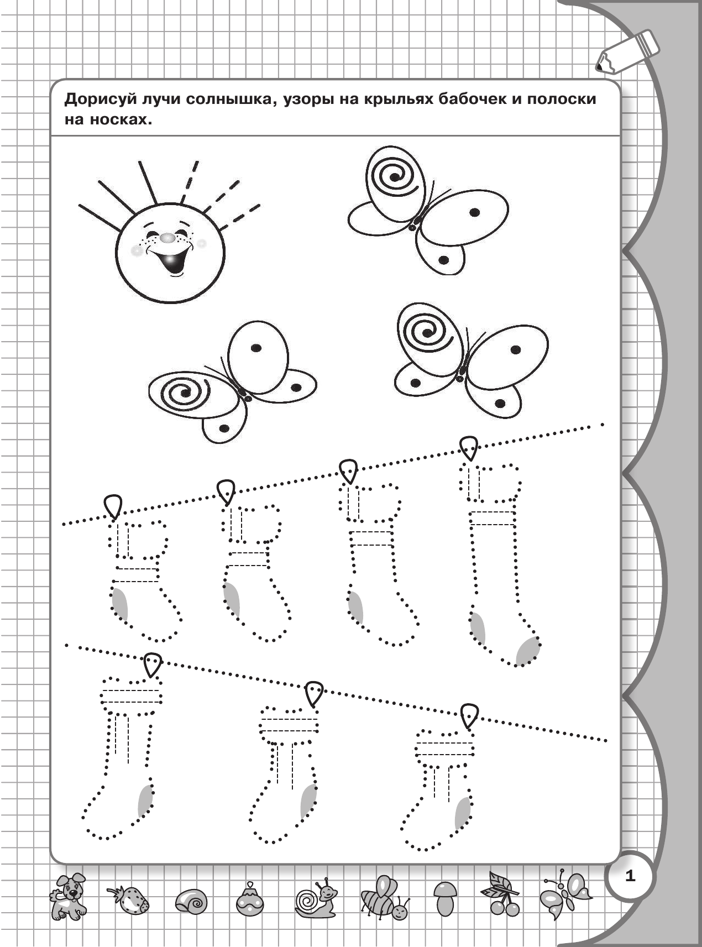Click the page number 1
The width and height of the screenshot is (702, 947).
pyautogui.click(x=630, y=876)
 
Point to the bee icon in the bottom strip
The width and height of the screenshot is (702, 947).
pyautogui.click(x=384, y=897)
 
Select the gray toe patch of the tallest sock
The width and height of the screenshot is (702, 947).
pyautogui.click(x=528, y=651)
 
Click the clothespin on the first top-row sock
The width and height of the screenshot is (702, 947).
pyautogui.click(x=114, y=506)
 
